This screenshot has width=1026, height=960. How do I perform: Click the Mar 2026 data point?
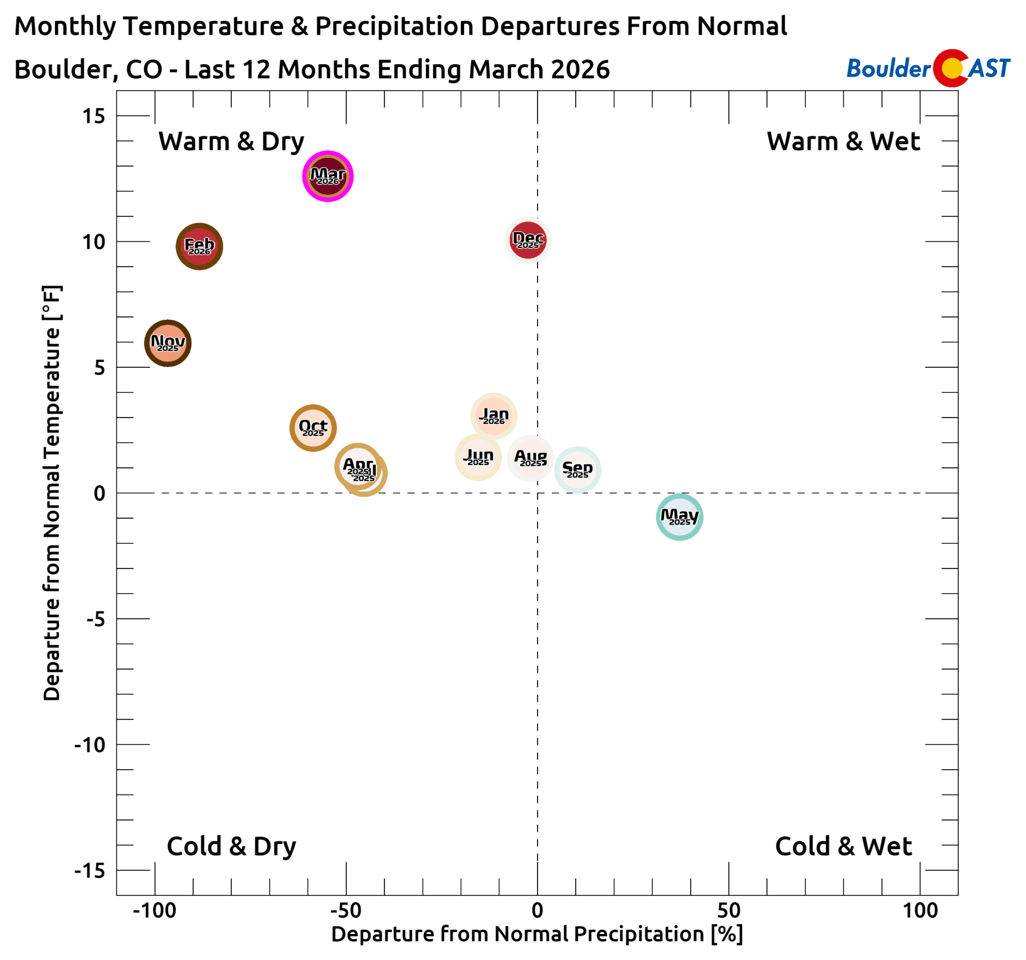click(328, 176)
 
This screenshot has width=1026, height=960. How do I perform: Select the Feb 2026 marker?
click(199, 246)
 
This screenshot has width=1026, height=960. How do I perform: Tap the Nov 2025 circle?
click(168, 343)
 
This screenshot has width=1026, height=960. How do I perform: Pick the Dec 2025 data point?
click(528, 240)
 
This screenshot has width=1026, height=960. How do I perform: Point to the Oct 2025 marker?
click(313, 428)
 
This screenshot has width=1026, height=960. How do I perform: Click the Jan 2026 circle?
click(494, 416)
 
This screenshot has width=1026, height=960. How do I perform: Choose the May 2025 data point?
click(680, 516)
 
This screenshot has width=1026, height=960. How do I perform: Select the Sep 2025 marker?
click(577, 470)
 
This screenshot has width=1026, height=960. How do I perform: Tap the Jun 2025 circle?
click(478, 457)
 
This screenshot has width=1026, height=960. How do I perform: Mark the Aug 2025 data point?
click(531, 458)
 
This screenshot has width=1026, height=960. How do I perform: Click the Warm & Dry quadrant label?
click(231, 142)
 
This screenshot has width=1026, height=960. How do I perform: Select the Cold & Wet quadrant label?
click(843, 846)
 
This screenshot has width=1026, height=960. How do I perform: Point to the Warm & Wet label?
click(843, 142)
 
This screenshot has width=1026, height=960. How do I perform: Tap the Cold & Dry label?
click(231, 846)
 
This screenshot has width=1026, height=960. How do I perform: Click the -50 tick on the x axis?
click(346, 910)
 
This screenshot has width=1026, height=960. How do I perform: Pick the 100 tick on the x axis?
click(920, 910)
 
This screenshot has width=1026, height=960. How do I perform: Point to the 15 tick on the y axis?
click(94, 116)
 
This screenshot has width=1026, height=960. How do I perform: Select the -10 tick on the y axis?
click(90, 745)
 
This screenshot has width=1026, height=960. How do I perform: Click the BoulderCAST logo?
click(928, 68)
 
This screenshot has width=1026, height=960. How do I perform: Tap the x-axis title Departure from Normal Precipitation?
click(536, 934)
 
